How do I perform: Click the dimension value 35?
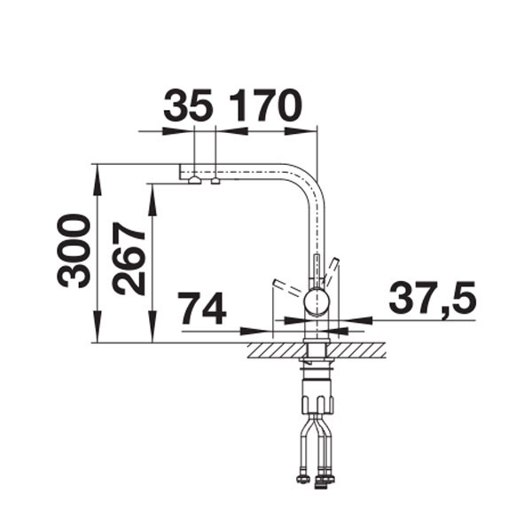[x=189, y=106]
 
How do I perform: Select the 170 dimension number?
[x=265, y=106]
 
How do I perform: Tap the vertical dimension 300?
[x=74, y=251]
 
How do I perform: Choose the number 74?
[x=203, y=309]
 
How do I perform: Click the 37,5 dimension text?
[x=433, y=299]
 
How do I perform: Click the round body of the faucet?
[x=317, y=303]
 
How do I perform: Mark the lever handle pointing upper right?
[x=332, y=268]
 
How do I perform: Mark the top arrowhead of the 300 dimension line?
[x=97, y=172]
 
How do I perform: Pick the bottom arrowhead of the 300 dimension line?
[x=97, y=334]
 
